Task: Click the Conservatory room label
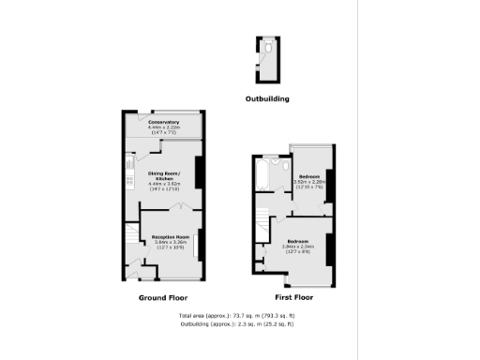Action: point(163,122)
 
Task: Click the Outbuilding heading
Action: point(267,98)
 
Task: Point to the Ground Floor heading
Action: point(164,297)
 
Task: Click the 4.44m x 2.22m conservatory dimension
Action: point(163,127)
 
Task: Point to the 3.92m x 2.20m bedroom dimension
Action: point(309,182)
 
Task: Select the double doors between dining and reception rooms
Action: point(170,208)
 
